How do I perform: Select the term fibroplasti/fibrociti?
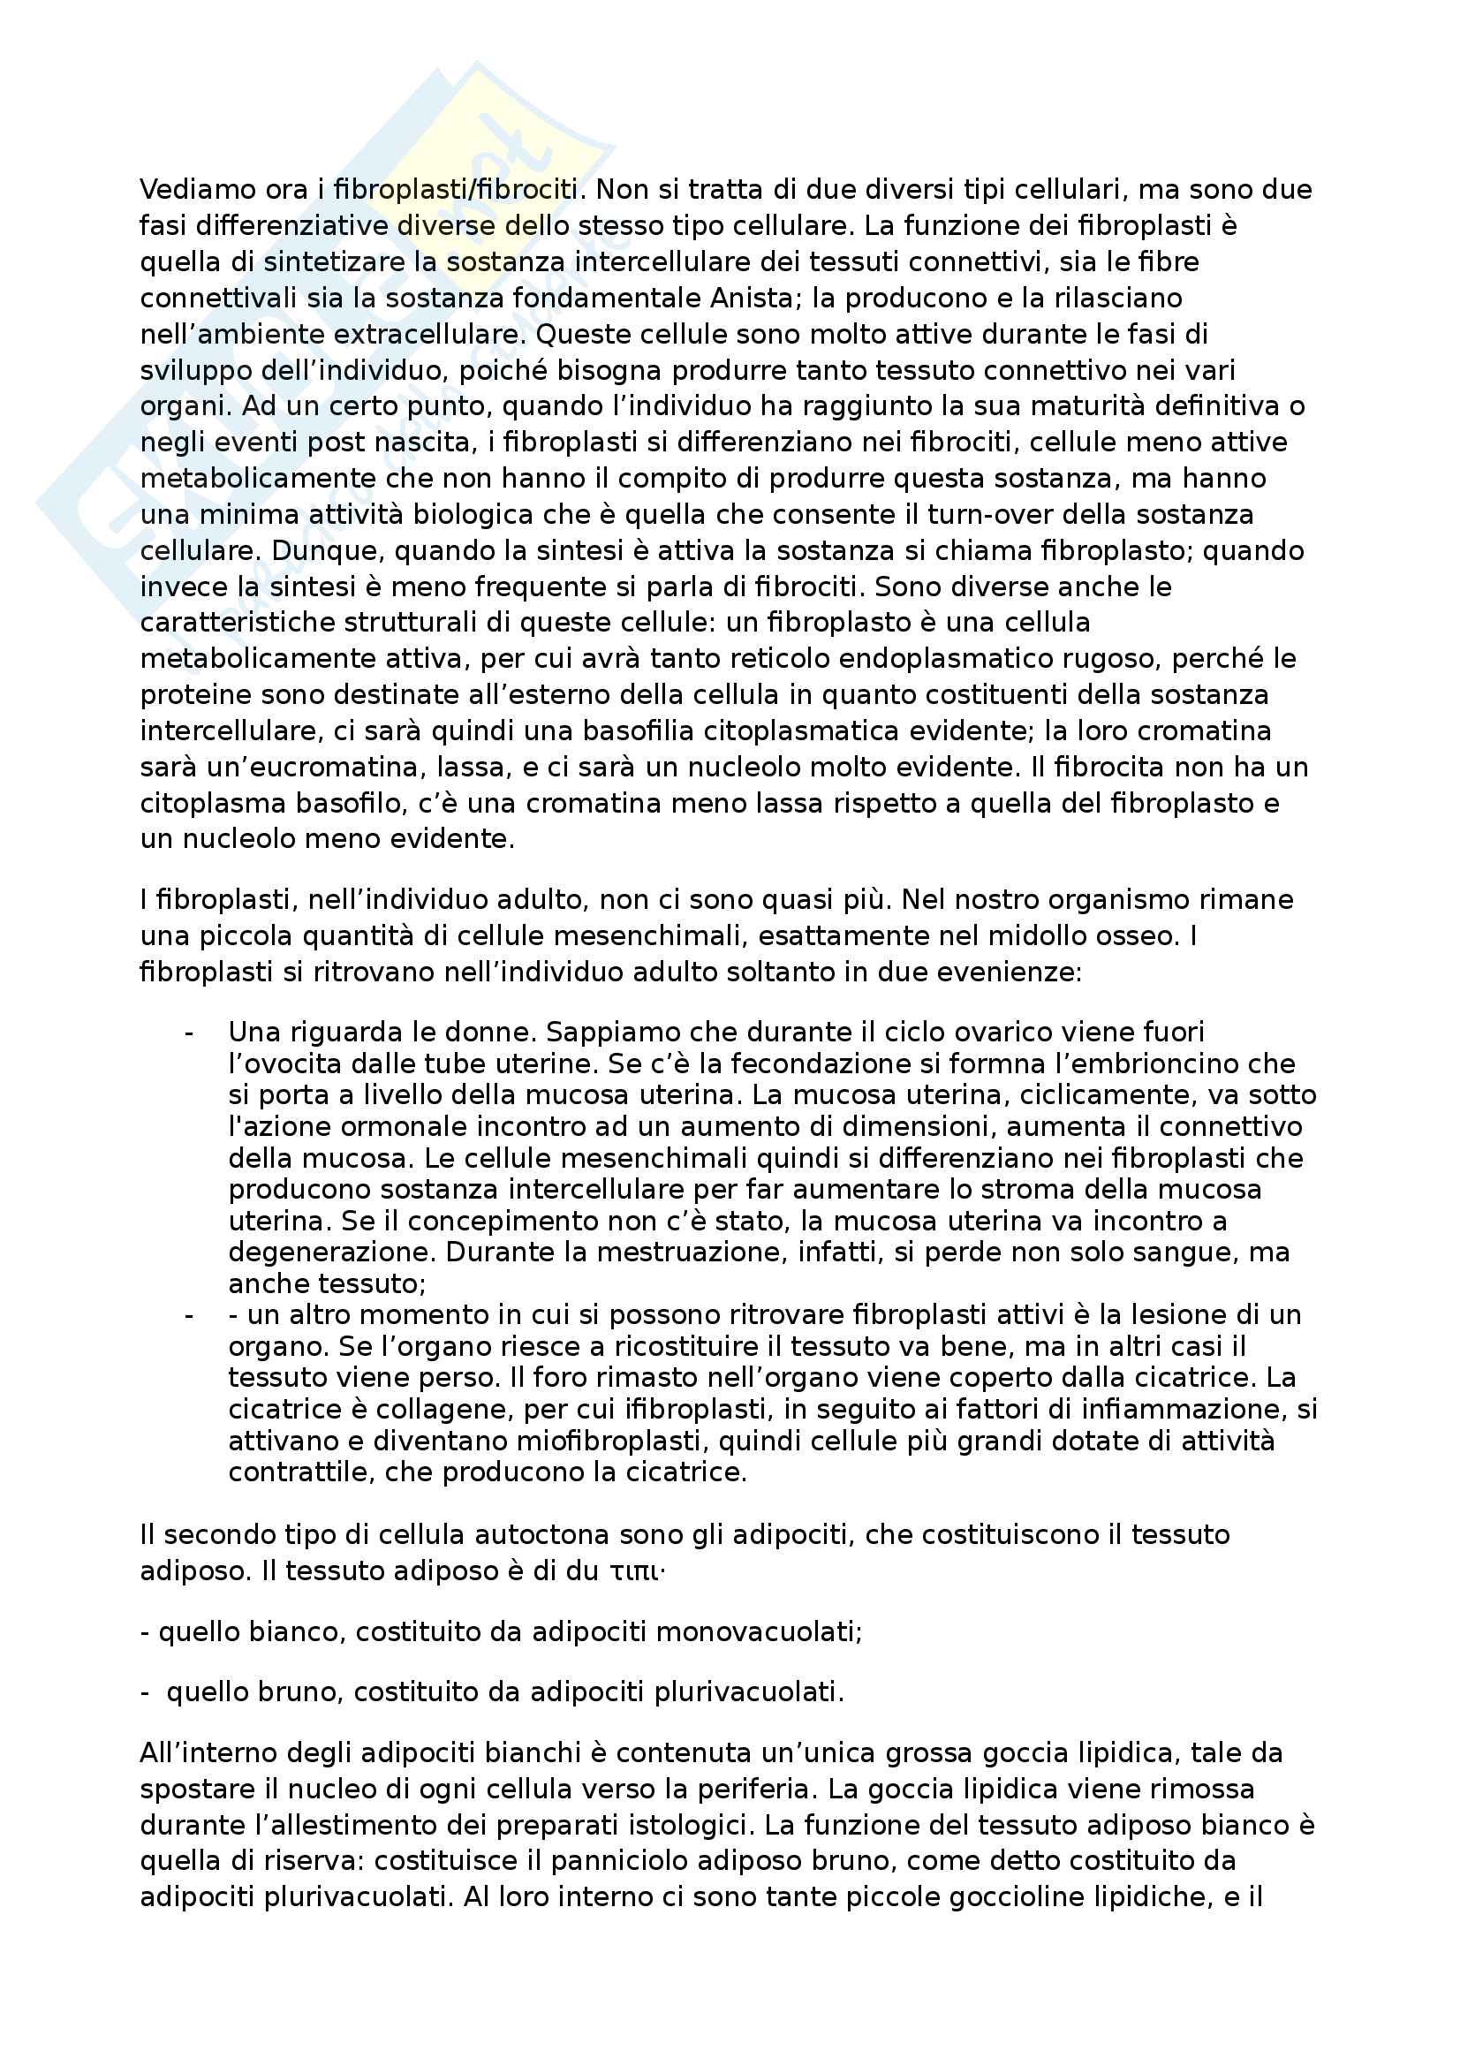point(455,190)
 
